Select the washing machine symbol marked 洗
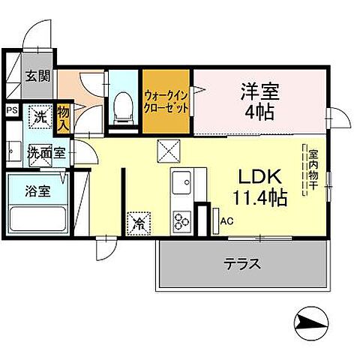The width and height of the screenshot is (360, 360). point(39,117)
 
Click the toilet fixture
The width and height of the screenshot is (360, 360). point(120,107)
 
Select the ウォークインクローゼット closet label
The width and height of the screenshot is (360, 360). point(166,102)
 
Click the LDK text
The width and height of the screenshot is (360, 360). point(259,177)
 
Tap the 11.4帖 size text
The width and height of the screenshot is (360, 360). point(259,198)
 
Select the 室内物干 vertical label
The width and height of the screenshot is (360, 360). point(313,172)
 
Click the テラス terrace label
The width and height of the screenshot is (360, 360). point(242,264)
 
